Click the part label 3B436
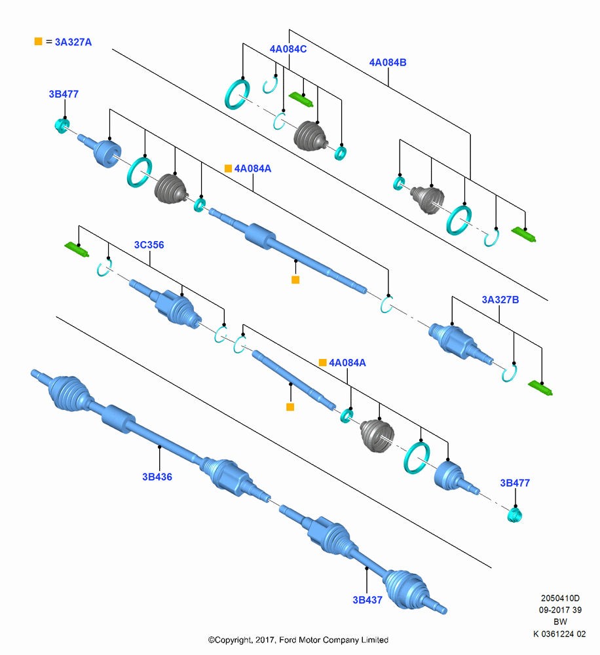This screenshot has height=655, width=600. [x=157, y=477]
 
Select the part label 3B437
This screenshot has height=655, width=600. [x=367, y=600]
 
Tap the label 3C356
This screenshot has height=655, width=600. [x=149, y=245]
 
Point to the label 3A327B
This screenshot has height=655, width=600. [x=500, y=299]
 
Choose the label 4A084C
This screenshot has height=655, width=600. [x=288, y=49]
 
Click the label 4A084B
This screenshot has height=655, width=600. [x=388, y=62]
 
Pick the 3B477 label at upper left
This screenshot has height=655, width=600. [x=64, y=94]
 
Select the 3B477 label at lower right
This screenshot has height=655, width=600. [x=515, y=483]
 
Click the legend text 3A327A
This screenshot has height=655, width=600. [x=73, y=42]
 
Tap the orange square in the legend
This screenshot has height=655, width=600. [x=39, y=41]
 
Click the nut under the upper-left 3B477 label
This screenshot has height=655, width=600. [x=62, y=125]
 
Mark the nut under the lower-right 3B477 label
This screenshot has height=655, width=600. [x=515, y=515]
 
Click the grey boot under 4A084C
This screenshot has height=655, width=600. [x=310, y=136]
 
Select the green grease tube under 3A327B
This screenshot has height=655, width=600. [x=540, y=388]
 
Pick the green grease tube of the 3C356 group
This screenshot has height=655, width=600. [x=77, y=250]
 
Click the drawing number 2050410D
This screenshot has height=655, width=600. [x=560, y=598]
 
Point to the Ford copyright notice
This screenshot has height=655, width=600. [x=298, y=639]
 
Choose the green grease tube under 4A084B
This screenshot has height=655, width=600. [x=523, y=234]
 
